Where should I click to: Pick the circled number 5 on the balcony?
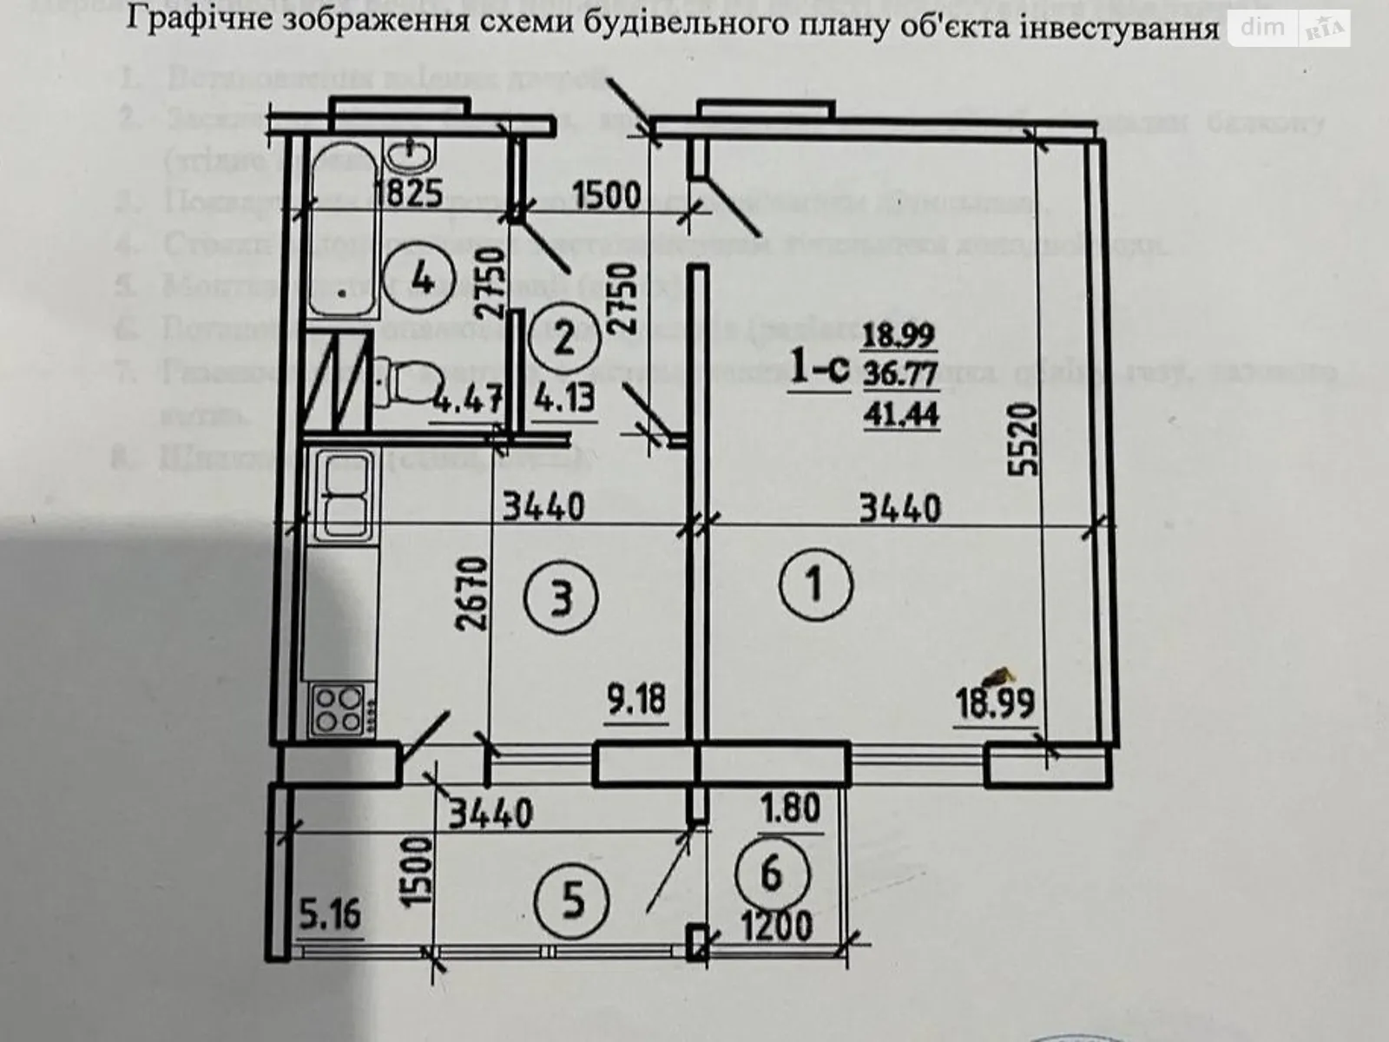572,902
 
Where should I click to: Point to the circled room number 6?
772,872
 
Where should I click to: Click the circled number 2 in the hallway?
563,337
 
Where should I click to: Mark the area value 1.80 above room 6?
790,808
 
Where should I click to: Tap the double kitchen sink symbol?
346,496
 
